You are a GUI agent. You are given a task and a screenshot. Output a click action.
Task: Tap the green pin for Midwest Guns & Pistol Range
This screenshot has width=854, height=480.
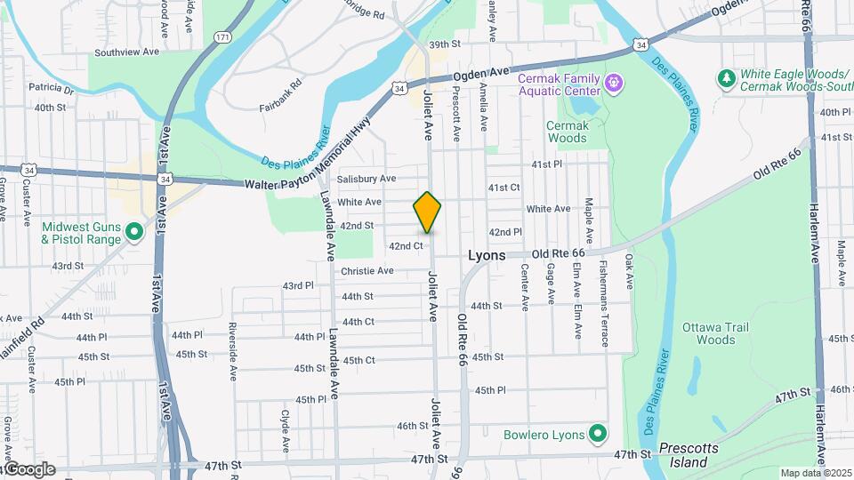[134, 232]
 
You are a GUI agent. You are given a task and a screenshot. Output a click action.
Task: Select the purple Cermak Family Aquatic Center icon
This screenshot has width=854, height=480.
[614, 84]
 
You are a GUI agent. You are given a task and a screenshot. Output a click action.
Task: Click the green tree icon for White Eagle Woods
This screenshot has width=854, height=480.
[727, 78]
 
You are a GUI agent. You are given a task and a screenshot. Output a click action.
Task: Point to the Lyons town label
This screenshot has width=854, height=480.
[487, 255]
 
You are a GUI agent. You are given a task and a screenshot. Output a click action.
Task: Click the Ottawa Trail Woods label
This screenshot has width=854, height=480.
[709, 333]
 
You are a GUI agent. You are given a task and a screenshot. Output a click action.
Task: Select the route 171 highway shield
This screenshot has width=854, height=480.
[222, 37]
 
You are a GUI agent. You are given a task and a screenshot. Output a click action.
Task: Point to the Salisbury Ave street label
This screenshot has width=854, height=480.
[367, 179]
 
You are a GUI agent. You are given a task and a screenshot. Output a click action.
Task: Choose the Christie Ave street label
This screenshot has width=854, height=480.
[367, 270]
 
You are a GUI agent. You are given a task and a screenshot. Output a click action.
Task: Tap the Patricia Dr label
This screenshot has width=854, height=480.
[51, 88]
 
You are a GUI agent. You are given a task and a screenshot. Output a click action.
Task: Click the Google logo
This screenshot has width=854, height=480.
[28, 469]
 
